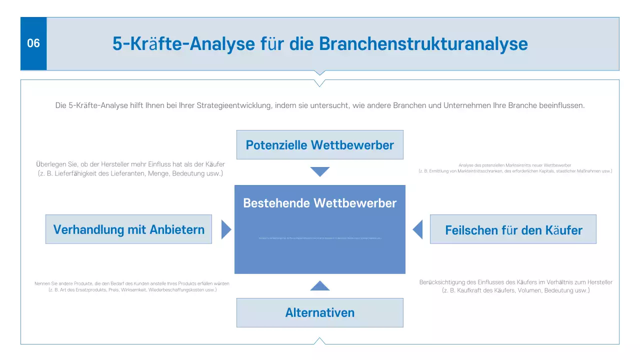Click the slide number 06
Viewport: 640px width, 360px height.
click(x=33, y=43)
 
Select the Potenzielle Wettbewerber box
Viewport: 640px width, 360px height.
click(x=319, y=145)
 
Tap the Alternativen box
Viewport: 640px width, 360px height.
click(x=319, y=312)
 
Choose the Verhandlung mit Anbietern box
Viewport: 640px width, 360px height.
click(x=128, y=229)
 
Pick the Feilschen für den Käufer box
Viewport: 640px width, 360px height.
click(x=513, y=229)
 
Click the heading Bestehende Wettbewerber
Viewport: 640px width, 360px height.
click(x=319, y=203)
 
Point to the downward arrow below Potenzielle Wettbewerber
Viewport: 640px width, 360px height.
click(x=320, y=171)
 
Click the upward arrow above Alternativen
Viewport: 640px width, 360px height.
click(x=320, y=286)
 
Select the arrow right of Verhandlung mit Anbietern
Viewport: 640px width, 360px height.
click(x=226, y=229)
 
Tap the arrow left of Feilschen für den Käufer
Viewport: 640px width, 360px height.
click(x=417, y=229)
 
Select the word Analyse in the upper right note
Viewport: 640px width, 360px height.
click(x=466, y=165)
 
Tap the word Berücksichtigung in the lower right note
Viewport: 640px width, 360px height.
click(x=445, y=282)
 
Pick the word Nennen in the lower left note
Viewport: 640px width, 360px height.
click(x=43, y=283)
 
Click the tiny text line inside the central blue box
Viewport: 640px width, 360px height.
click(x=319, y=238)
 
